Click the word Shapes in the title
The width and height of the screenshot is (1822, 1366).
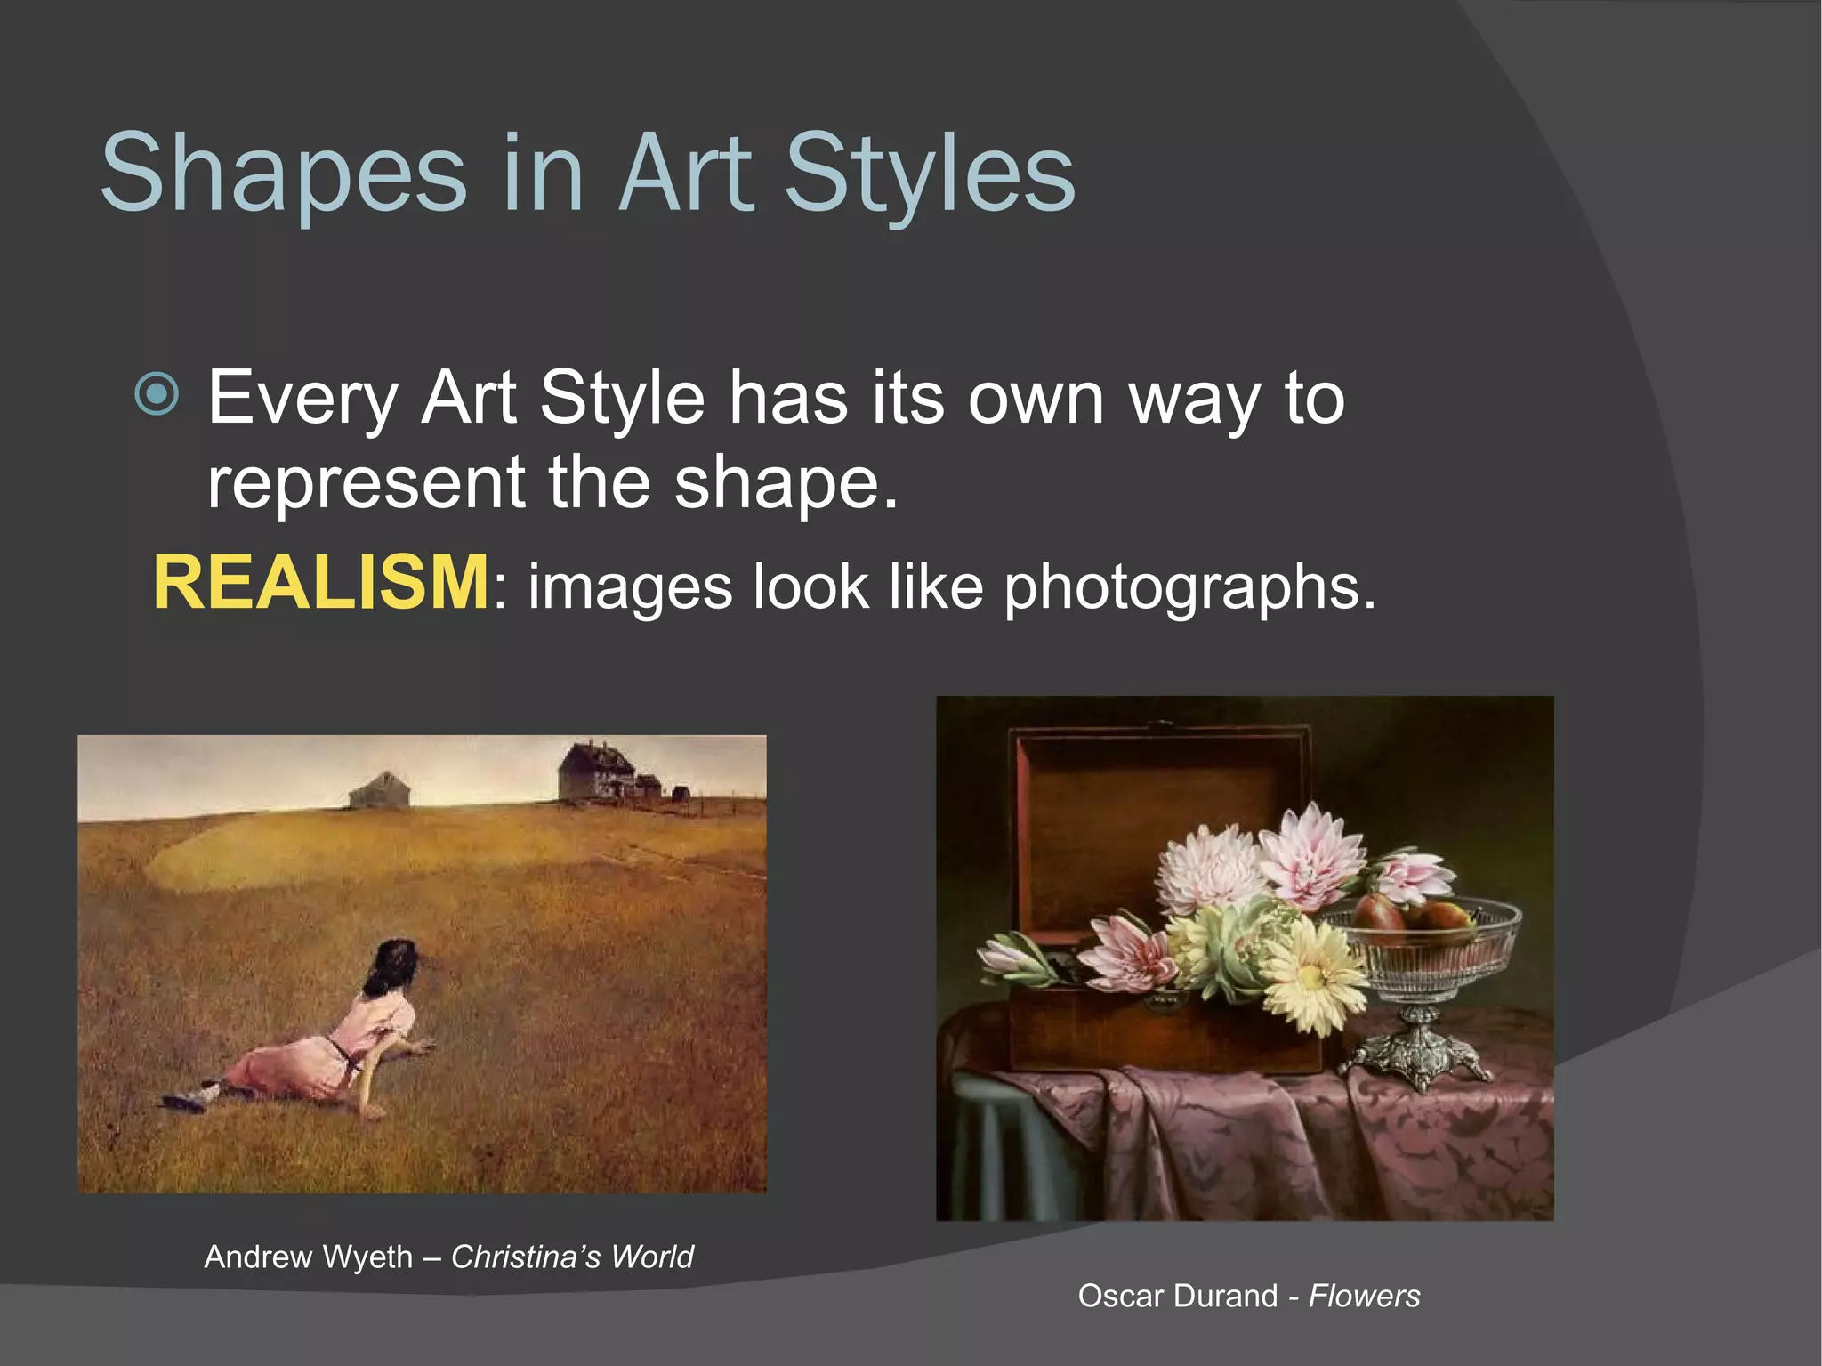(283, 174)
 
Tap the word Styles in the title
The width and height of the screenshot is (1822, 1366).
(930, 174)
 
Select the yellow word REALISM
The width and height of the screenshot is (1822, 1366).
(320, 583)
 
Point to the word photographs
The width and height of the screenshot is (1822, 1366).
(1189, 587)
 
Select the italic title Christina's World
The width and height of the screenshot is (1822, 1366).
(572, 1257)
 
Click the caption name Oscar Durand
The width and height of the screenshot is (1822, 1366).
(1178, 1296)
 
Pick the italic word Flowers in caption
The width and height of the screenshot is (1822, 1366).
(1365, 1296)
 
